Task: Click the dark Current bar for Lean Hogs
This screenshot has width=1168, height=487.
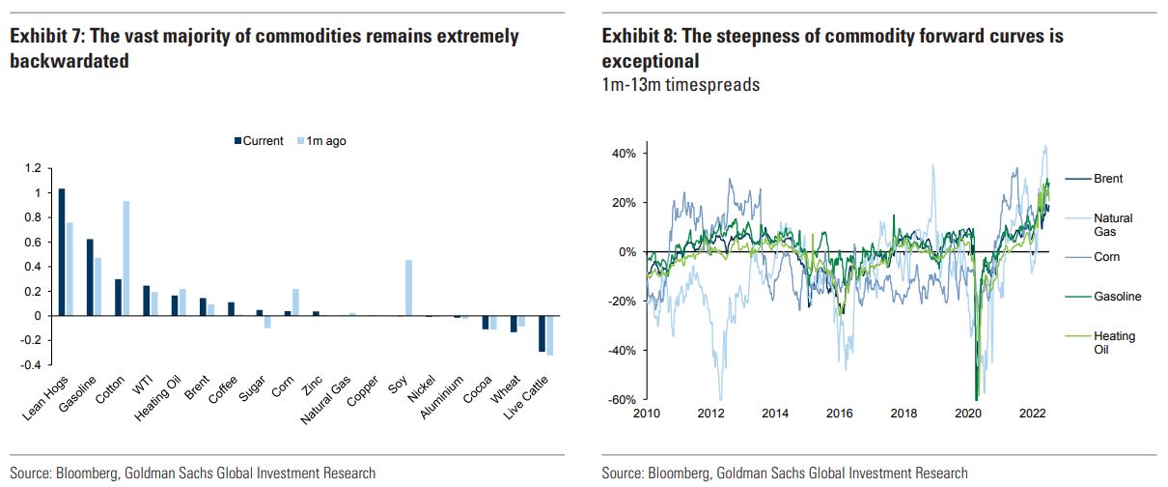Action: coord(62,252)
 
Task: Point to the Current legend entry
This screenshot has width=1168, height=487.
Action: coord(259,141)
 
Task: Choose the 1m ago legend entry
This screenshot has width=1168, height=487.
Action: coord(320,141)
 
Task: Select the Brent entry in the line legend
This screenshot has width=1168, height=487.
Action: coord(1108,179)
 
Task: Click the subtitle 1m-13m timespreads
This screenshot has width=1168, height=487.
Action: coord(681,85)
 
